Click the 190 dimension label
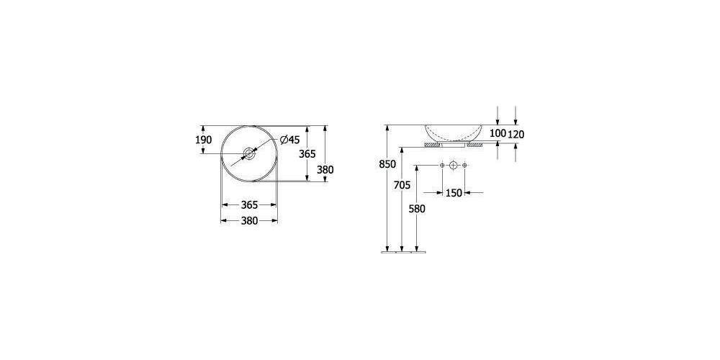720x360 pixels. pyautogui.click(x=204, y=140)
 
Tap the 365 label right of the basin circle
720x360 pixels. pyautogui.click(x=307, y=154)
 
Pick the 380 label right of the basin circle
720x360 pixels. pyautogui.click(x=325, y=169)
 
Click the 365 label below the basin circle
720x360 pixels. pyautogui.click(x=249, y=204)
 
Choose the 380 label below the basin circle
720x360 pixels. pyautogui.click(x=249, y=221)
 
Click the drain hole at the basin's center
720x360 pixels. pyautogui.click(x=249, y=153)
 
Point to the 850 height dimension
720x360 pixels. pyautogui.click(x=387, y=164)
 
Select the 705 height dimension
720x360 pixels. pyautogui.click(x=402, y=185)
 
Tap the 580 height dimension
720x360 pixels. pyautogui.click(x=417, y=209)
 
